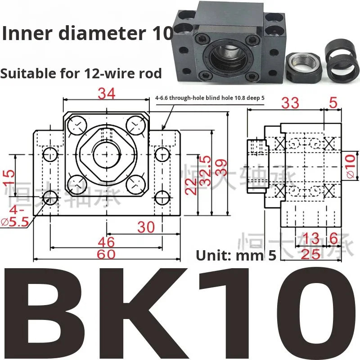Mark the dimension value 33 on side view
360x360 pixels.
pyautogui.click(x=290, y=103)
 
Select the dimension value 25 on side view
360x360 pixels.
pyautogui.click(x=310, y=254)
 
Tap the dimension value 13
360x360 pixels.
pyautogui.click(x=310, y=238)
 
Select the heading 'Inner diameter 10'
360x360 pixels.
pyautogui.click(x=87, y=34)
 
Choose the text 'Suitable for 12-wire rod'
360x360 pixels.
pyautogui.click(x=81, y=73)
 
